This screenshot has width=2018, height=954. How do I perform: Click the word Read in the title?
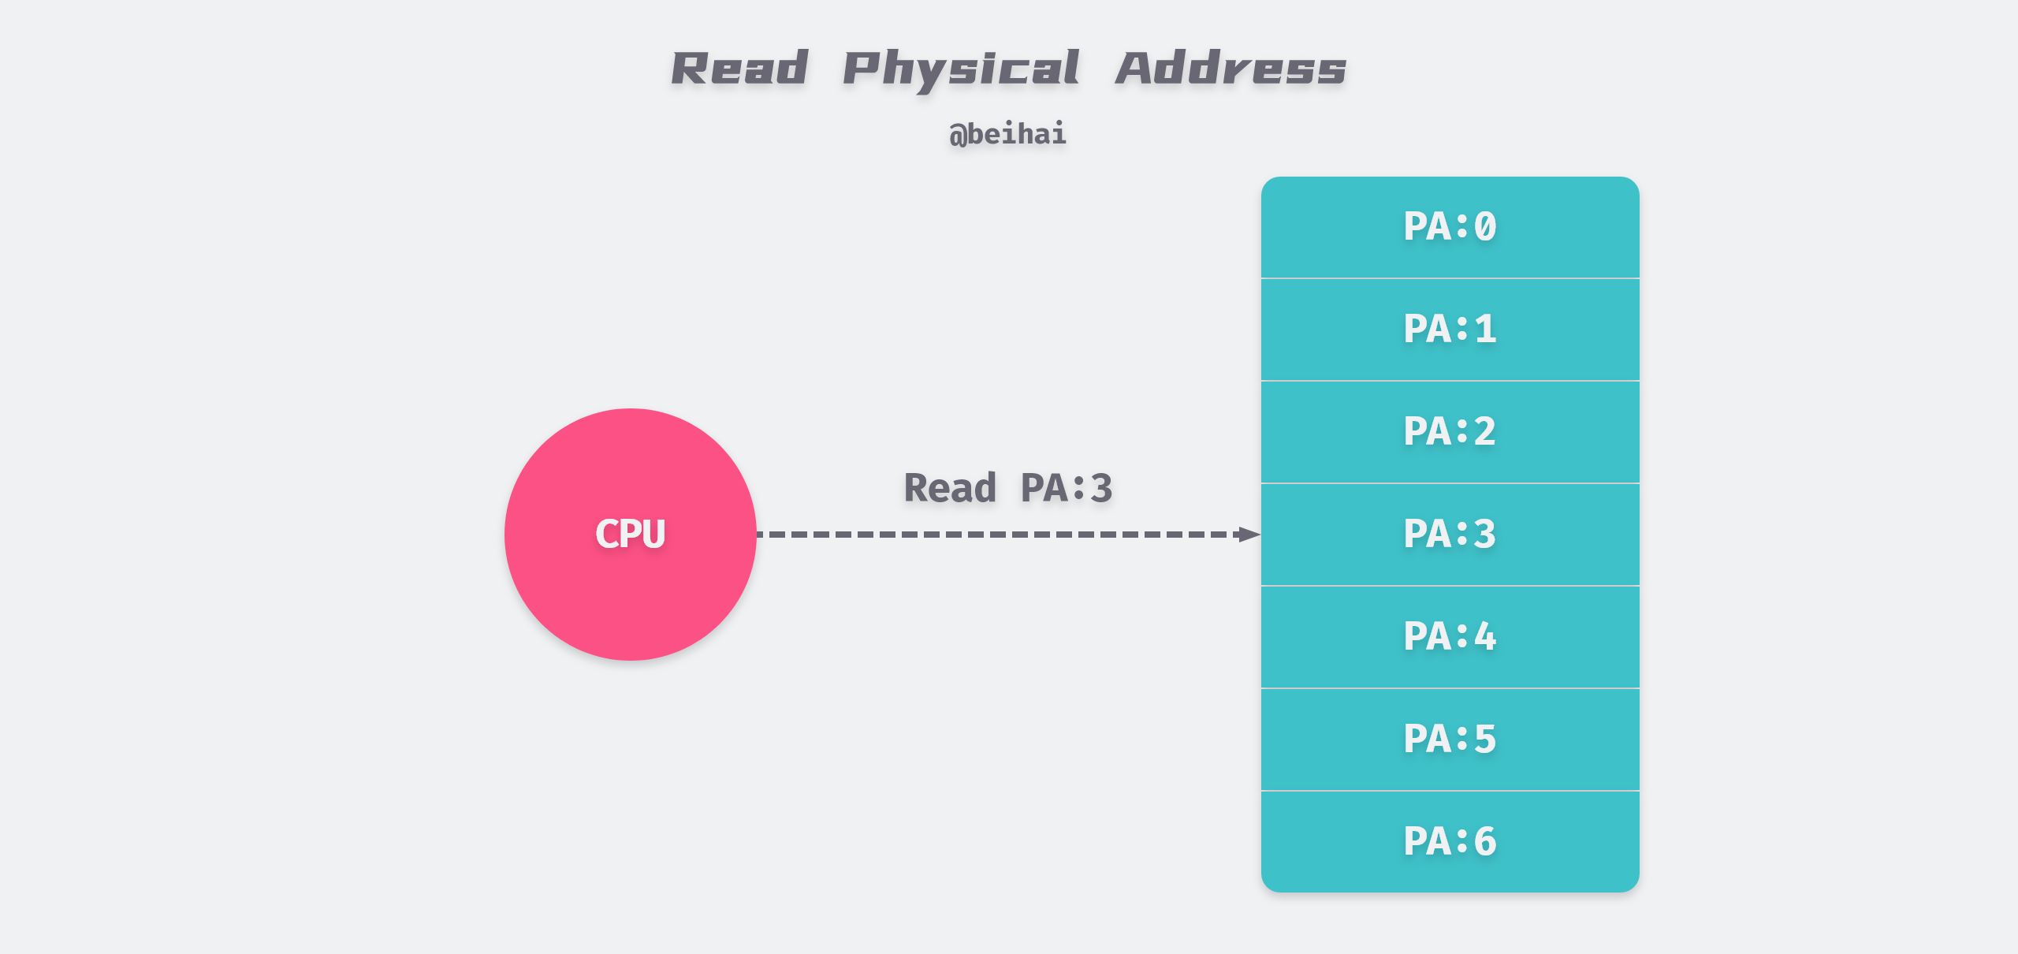(x=739, y=69)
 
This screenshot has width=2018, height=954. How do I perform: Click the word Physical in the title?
(x=961, y=69)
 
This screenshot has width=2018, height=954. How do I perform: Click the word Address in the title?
(x=1231, y=69)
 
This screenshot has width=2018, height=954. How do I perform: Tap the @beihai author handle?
(x=1007, y=134)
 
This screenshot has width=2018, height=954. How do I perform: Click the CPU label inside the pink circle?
(x=630, y=534)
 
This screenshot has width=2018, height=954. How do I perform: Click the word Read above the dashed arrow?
(x=950, y=488)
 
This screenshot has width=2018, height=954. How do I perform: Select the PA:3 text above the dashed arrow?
(x=1067, y=488)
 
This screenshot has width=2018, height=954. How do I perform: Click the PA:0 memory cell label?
(x=1450, y=227)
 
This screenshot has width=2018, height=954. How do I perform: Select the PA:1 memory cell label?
(x=1450, y=329)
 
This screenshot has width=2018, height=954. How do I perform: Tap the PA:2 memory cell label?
(x=1450, y=431)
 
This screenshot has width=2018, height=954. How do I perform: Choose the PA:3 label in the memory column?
(x=1450, y=534)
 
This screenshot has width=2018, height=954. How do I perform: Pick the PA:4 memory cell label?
(x=1450, y=636)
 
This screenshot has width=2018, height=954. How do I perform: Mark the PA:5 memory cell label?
(x=1450, y=739)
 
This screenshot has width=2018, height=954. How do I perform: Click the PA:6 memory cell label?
(x=1450, y=841)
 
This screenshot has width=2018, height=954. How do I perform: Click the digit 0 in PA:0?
(x=1485, y=227)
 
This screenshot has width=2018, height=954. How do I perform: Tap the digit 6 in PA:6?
(x=1485, y=841)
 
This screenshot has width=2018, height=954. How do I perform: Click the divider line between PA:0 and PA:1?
(x=1450, y=278)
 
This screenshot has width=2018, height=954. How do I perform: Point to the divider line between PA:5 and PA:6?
(x=1450, y=791)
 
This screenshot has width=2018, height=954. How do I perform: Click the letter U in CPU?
(x=653, y=534)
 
